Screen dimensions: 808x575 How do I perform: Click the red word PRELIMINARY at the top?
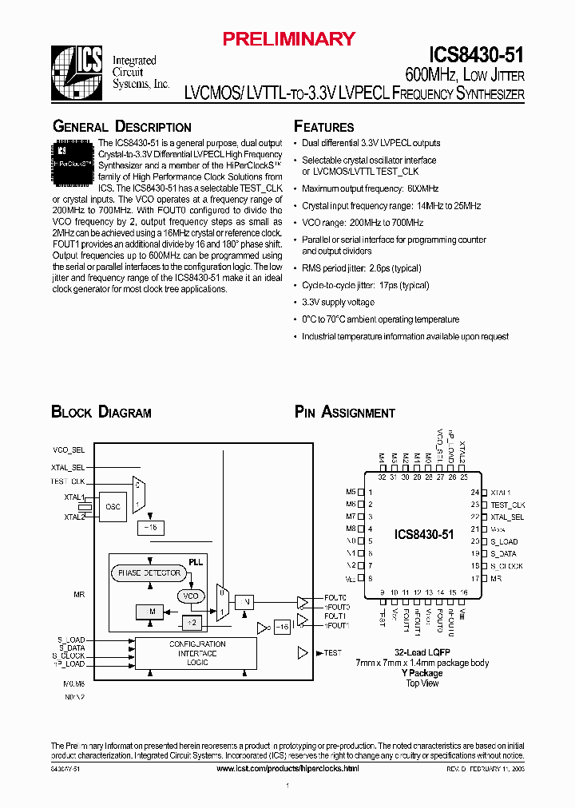(x=287, y=38)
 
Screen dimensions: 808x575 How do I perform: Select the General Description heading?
(x=121, y=127)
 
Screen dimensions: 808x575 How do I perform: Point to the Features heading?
(x=323, y=127)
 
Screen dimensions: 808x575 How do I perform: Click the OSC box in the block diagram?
(x=113, y=506)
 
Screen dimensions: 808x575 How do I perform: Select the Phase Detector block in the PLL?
(x=149, y=573)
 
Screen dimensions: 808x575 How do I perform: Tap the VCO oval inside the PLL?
(x=191, y=596)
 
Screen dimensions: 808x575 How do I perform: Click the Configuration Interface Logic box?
(x=197, y=653)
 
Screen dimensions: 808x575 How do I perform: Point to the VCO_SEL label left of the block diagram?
(x=67, y=450)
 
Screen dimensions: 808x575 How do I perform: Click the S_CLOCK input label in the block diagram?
(x=70, y=656)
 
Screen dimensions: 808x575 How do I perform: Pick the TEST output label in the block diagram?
(x=333, y=653)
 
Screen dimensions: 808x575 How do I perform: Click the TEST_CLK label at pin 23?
(x=507, y=505)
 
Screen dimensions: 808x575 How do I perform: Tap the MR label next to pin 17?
(x=496, y=577)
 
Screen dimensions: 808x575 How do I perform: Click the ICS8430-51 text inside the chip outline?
(x=424, y=534)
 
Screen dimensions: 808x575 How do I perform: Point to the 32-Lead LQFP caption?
(x=422, y=652)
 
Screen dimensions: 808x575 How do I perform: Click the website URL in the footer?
(x=287, y=768)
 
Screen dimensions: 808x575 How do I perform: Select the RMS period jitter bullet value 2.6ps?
(x=387, y=268)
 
